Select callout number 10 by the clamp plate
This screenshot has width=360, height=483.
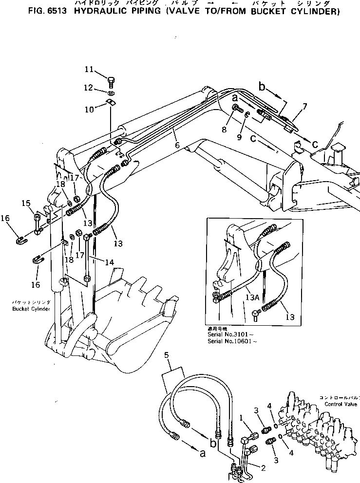point(89,110)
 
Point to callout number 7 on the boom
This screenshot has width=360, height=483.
point(304,106)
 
